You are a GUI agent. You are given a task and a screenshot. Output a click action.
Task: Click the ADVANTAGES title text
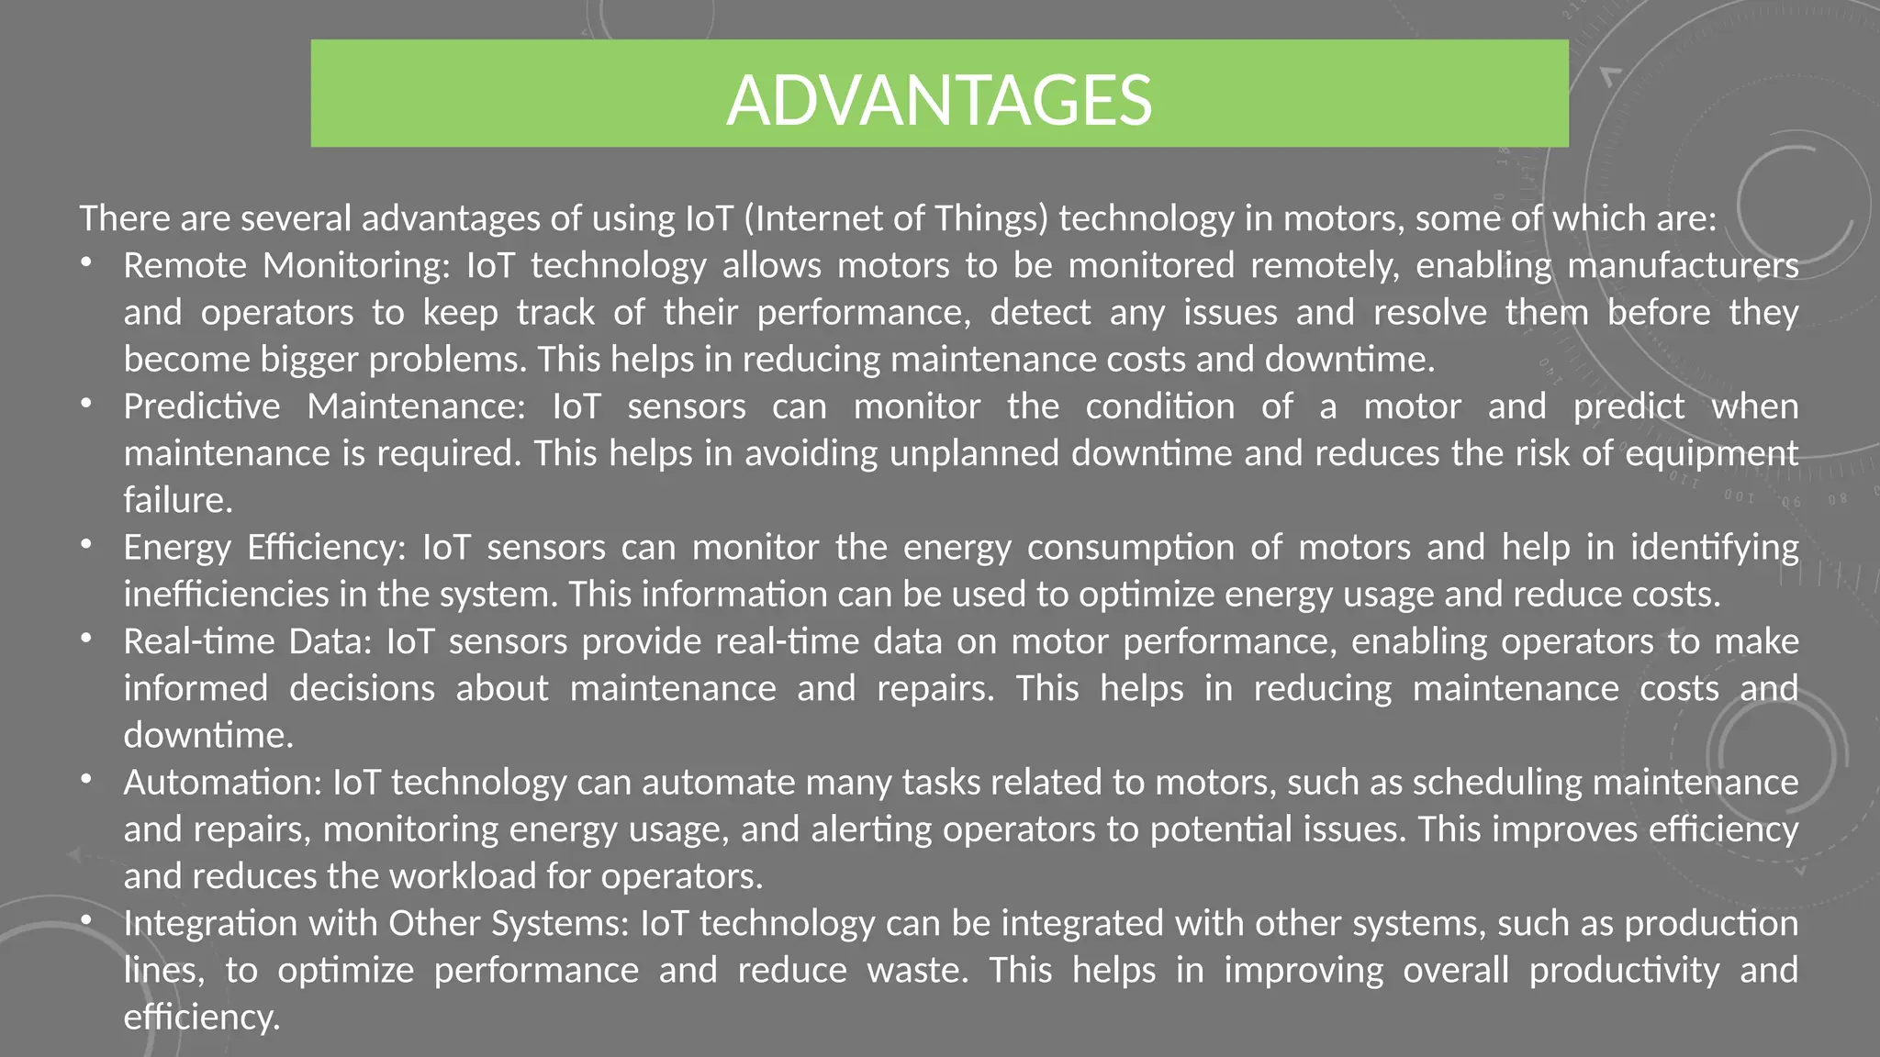pos(939,99)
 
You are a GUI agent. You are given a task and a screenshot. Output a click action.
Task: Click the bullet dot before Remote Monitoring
pos(86,263)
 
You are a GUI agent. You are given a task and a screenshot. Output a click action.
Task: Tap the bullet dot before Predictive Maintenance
pos(86,404)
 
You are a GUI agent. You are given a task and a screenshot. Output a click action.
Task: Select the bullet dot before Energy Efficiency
pos(86,545)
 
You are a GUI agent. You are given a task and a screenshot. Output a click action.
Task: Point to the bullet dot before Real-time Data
pos(86,639)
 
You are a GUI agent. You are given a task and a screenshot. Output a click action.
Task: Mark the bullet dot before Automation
pos(86,780)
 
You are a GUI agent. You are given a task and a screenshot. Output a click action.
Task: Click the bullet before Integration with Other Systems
pos(86,920)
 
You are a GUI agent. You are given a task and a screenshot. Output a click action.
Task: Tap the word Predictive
pos(202,406)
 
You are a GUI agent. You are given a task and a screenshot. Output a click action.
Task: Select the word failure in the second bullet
pos(178,500)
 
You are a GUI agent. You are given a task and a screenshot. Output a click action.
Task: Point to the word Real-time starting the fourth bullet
pos(199,641)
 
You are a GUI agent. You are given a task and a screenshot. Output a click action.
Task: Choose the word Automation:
pos(223,783)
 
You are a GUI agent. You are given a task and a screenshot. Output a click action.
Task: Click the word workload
pos(463,876)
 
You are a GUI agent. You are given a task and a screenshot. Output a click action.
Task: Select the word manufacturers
pos(1683,265)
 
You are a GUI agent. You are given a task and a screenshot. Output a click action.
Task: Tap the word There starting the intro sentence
pos(124,218)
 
